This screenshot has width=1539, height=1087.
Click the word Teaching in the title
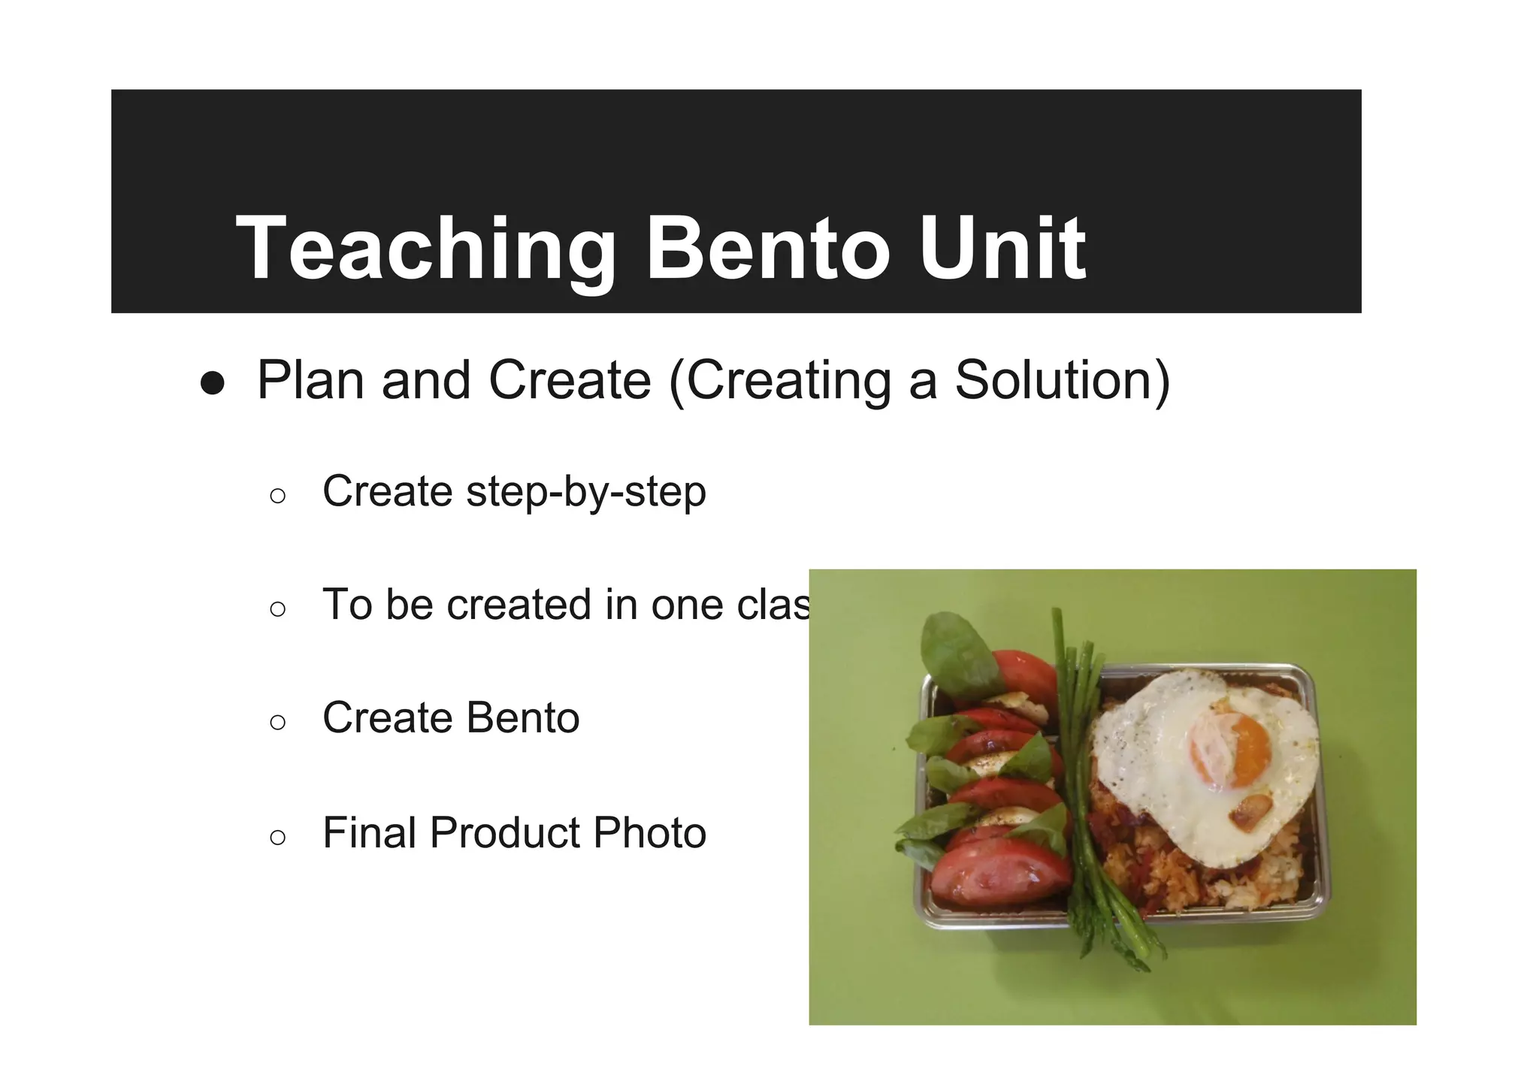[425, 248]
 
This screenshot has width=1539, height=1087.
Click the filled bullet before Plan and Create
[213, 383]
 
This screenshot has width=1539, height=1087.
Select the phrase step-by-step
[586, 493]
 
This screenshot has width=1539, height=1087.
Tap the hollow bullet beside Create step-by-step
[277, 496]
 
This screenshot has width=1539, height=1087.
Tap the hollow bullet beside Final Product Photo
[277, 837]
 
